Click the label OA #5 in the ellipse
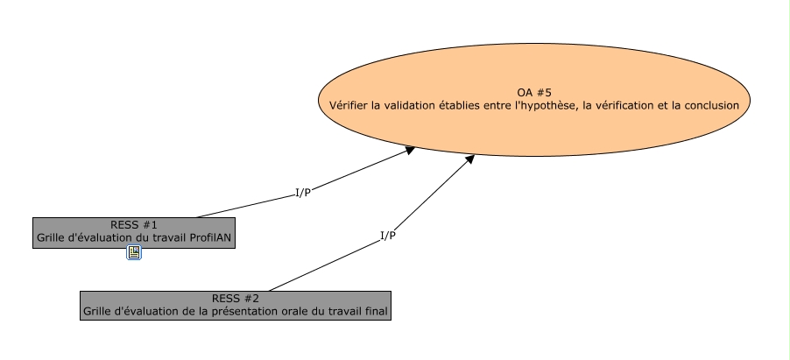pos(533,92)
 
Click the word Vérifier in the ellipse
pos(348,105)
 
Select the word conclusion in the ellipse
pos(709,105)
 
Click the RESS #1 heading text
pos(134,225)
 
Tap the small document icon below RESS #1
pos(134,253)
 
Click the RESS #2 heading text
pos(236,298)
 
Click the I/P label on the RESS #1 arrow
pos(303,193)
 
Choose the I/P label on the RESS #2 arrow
pos(388,235)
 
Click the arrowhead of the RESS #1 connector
pos(409,150)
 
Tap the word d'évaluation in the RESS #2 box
pos(150,310)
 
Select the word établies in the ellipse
pos(472,105)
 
